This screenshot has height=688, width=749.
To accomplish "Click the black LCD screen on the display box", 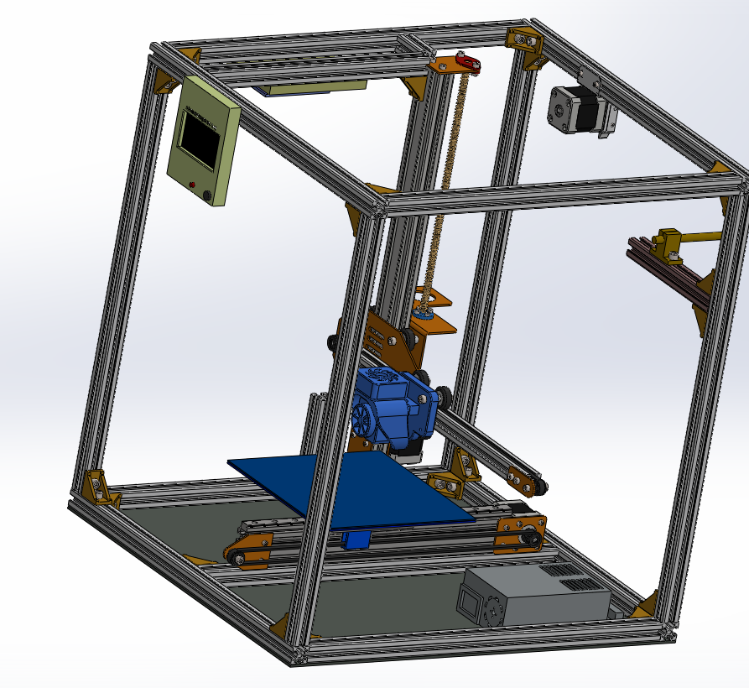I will pos(201,138).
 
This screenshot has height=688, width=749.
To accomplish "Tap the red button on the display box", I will pos(193,184).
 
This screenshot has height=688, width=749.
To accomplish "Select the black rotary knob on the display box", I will pos(208,195).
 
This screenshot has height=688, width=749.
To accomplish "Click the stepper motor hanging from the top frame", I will pos(573,110).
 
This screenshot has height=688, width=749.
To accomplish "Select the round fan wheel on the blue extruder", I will pos(366,417).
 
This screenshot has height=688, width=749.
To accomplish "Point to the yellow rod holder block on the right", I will pos(668,243).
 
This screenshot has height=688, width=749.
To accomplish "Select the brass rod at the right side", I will pos(700,237).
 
